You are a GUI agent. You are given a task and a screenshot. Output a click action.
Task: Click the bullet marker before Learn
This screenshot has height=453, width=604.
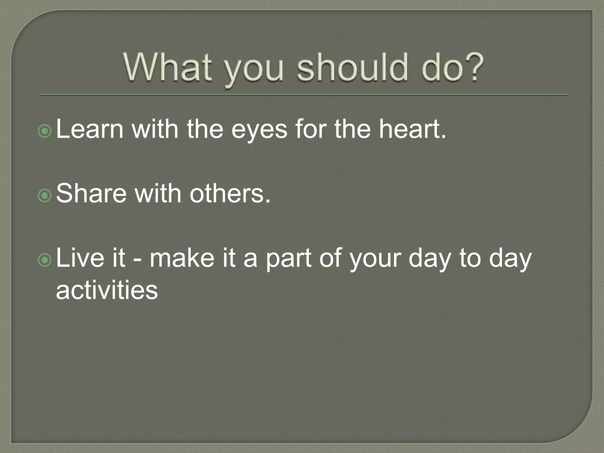click(x=45, y=132)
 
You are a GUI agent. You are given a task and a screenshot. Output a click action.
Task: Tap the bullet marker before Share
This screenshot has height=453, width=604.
click(x=45, y=196)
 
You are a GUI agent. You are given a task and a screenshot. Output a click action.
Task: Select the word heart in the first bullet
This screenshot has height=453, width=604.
click(x=410, y=129)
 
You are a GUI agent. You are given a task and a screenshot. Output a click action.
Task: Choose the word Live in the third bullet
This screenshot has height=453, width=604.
click(x=80, y=258)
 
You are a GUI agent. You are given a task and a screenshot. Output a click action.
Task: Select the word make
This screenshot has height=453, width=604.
click(x=182, y=258)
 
